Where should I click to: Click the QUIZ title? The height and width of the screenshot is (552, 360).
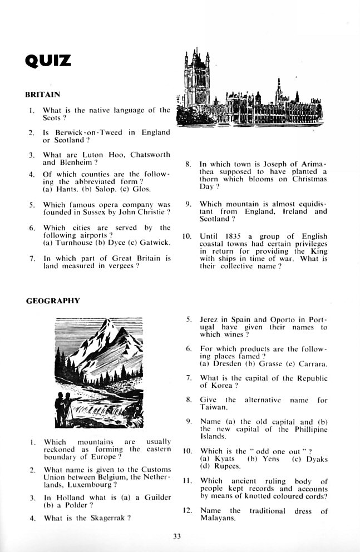click(x=48, y=60)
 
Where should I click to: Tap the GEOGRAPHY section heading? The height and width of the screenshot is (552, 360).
click(x=53, y=301)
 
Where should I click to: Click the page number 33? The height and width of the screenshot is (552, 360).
click(x=177, y=536)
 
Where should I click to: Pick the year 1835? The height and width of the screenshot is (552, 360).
click(x=236, y=236)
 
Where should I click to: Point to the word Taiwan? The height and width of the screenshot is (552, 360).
click(x=212, y=407)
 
